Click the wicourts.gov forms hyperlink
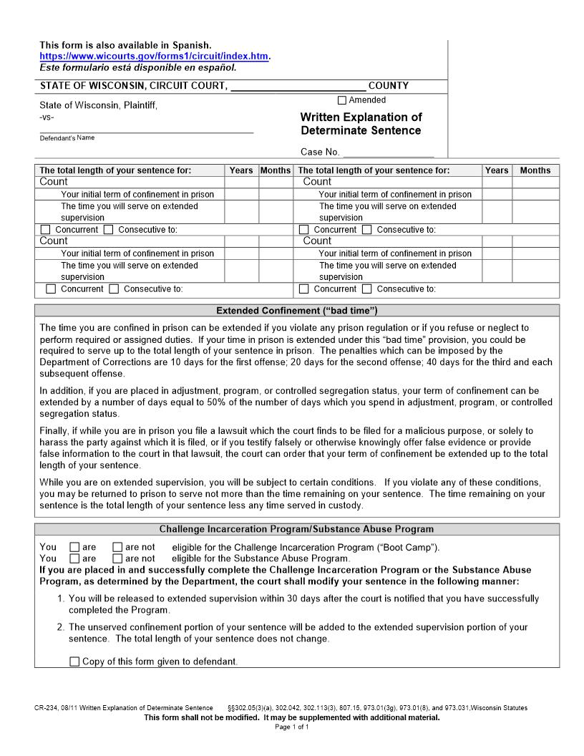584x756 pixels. [x=154, y=56]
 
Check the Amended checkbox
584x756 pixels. [x=341, y=101]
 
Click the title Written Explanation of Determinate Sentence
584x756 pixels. [x=361, y=124]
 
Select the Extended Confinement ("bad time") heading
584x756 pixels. [x=296, y=311]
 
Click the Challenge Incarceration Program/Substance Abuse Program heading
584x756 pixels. [x=296, y=530]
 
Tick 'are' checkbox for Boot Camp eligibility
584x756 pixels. [x=74, y=548]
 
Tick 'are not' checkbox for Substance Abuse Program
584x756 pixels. [x=117, y=559]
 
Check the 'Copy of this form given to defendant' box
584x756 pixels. [x=74, y=662]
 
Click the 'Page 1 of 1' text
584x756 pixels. [x=291, y=727]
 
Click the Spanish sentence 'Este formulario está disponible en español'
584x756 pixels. [x=137, y=68]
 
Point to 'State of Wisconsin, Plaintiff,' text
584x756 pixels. [x=98, y=105]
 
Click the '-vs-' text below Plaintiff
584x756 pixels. [x=46, y=117]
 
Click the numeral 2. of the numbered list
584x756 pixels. [x=61, y=627]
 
